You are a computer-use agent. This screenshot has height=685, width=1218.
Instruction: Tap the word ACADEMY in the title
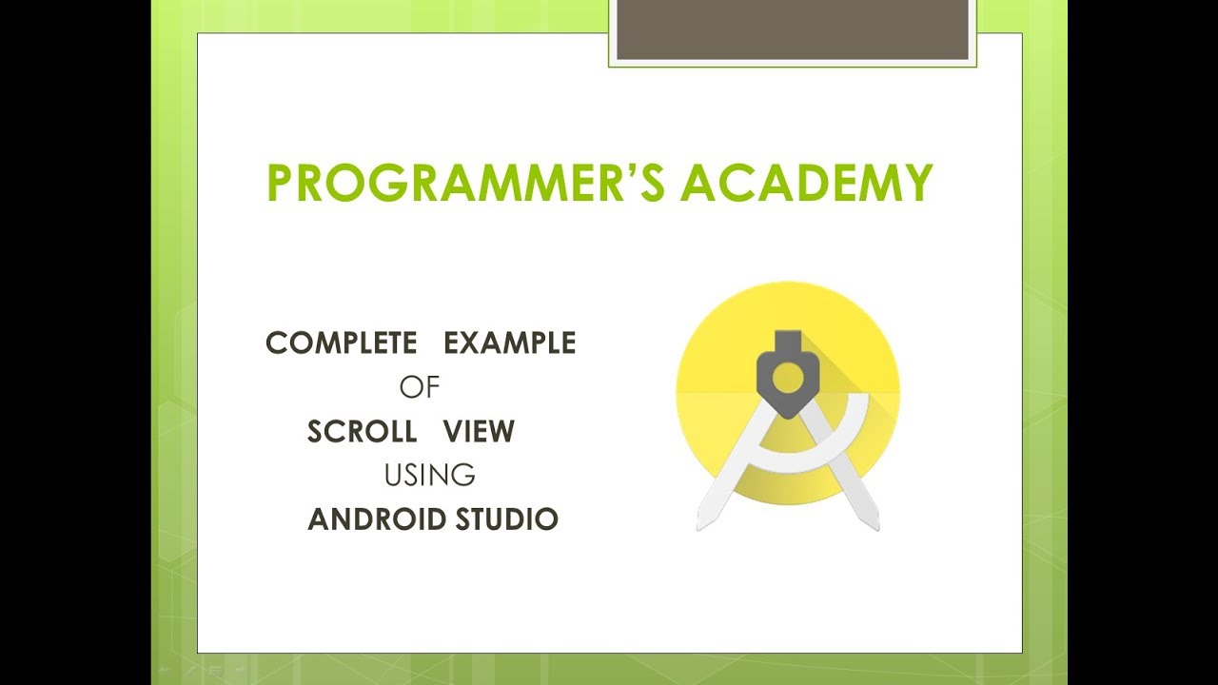pos(807,184)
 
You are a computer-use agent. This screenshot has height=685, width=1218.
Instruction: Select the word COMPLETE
pos(342,342)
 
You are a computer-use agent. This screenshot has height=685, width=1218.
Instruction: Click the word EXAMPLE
pos(510,342)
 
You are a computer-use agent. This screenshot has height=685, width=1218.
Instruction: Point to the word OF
pos(420,387)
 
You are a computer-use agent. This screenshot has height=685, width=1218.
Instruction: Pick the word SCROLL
pos(363,432)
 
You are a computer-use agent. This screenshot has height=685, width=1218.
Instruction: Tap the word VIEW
pos(479,432)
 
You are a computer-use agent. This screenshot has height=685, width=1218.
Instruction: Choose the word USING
pos(429,475)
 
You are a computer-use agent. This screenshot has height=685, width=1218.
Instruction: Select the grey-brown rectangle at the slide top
pos(793,29)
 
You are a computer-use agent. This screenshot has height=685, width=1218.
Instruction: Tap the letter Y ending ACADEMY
pos(916,184)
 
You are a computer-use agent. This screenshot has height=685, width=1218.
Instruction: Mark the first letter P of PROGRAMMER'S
pos(281,184)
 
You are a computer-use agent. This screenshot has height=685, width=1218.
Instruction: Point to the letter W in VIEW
pos(501,432)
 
